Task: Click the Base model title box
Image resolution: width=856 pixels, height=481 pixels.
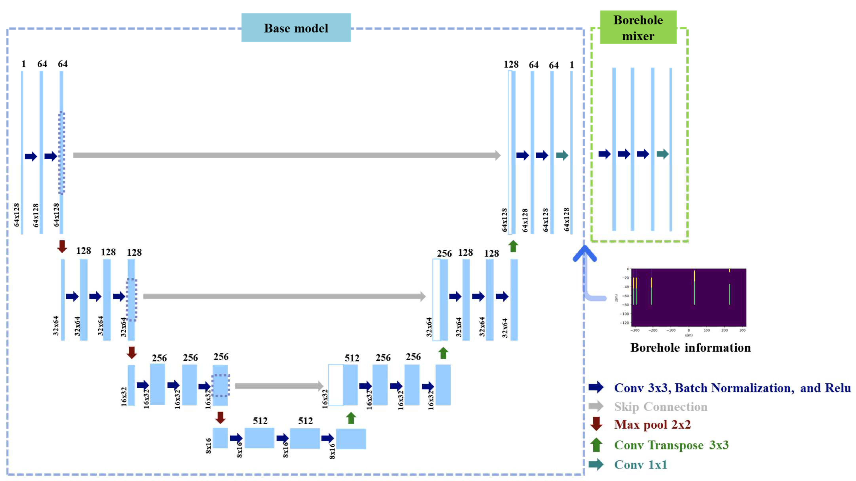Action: [x=296, y=28]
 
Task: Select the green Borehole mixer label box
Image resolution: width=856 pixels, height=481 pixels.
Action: [x=638, y=28]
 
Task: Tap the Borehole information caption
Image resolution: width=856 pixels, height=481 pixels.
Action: [x=690, y=347]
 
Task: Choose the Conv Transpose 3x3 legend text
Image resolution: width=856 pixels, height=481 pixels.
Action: [x=671, y=445]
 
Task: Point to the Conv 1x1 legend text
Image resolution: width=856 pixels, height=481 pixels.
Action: [x=640, y=464]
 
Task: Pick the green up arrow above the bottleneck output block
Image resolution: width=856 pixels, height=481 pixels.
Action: [x=351, y=418]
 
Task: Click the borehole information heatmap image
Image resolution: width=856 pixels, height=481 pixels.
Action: [x=688, y=297]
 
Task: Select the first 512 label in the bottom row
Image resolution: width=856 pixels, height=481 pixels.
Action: [x=260, y=421]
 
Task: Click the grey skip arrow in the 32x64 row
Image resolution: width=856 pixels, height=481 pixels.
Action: [x=284, y=296]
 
